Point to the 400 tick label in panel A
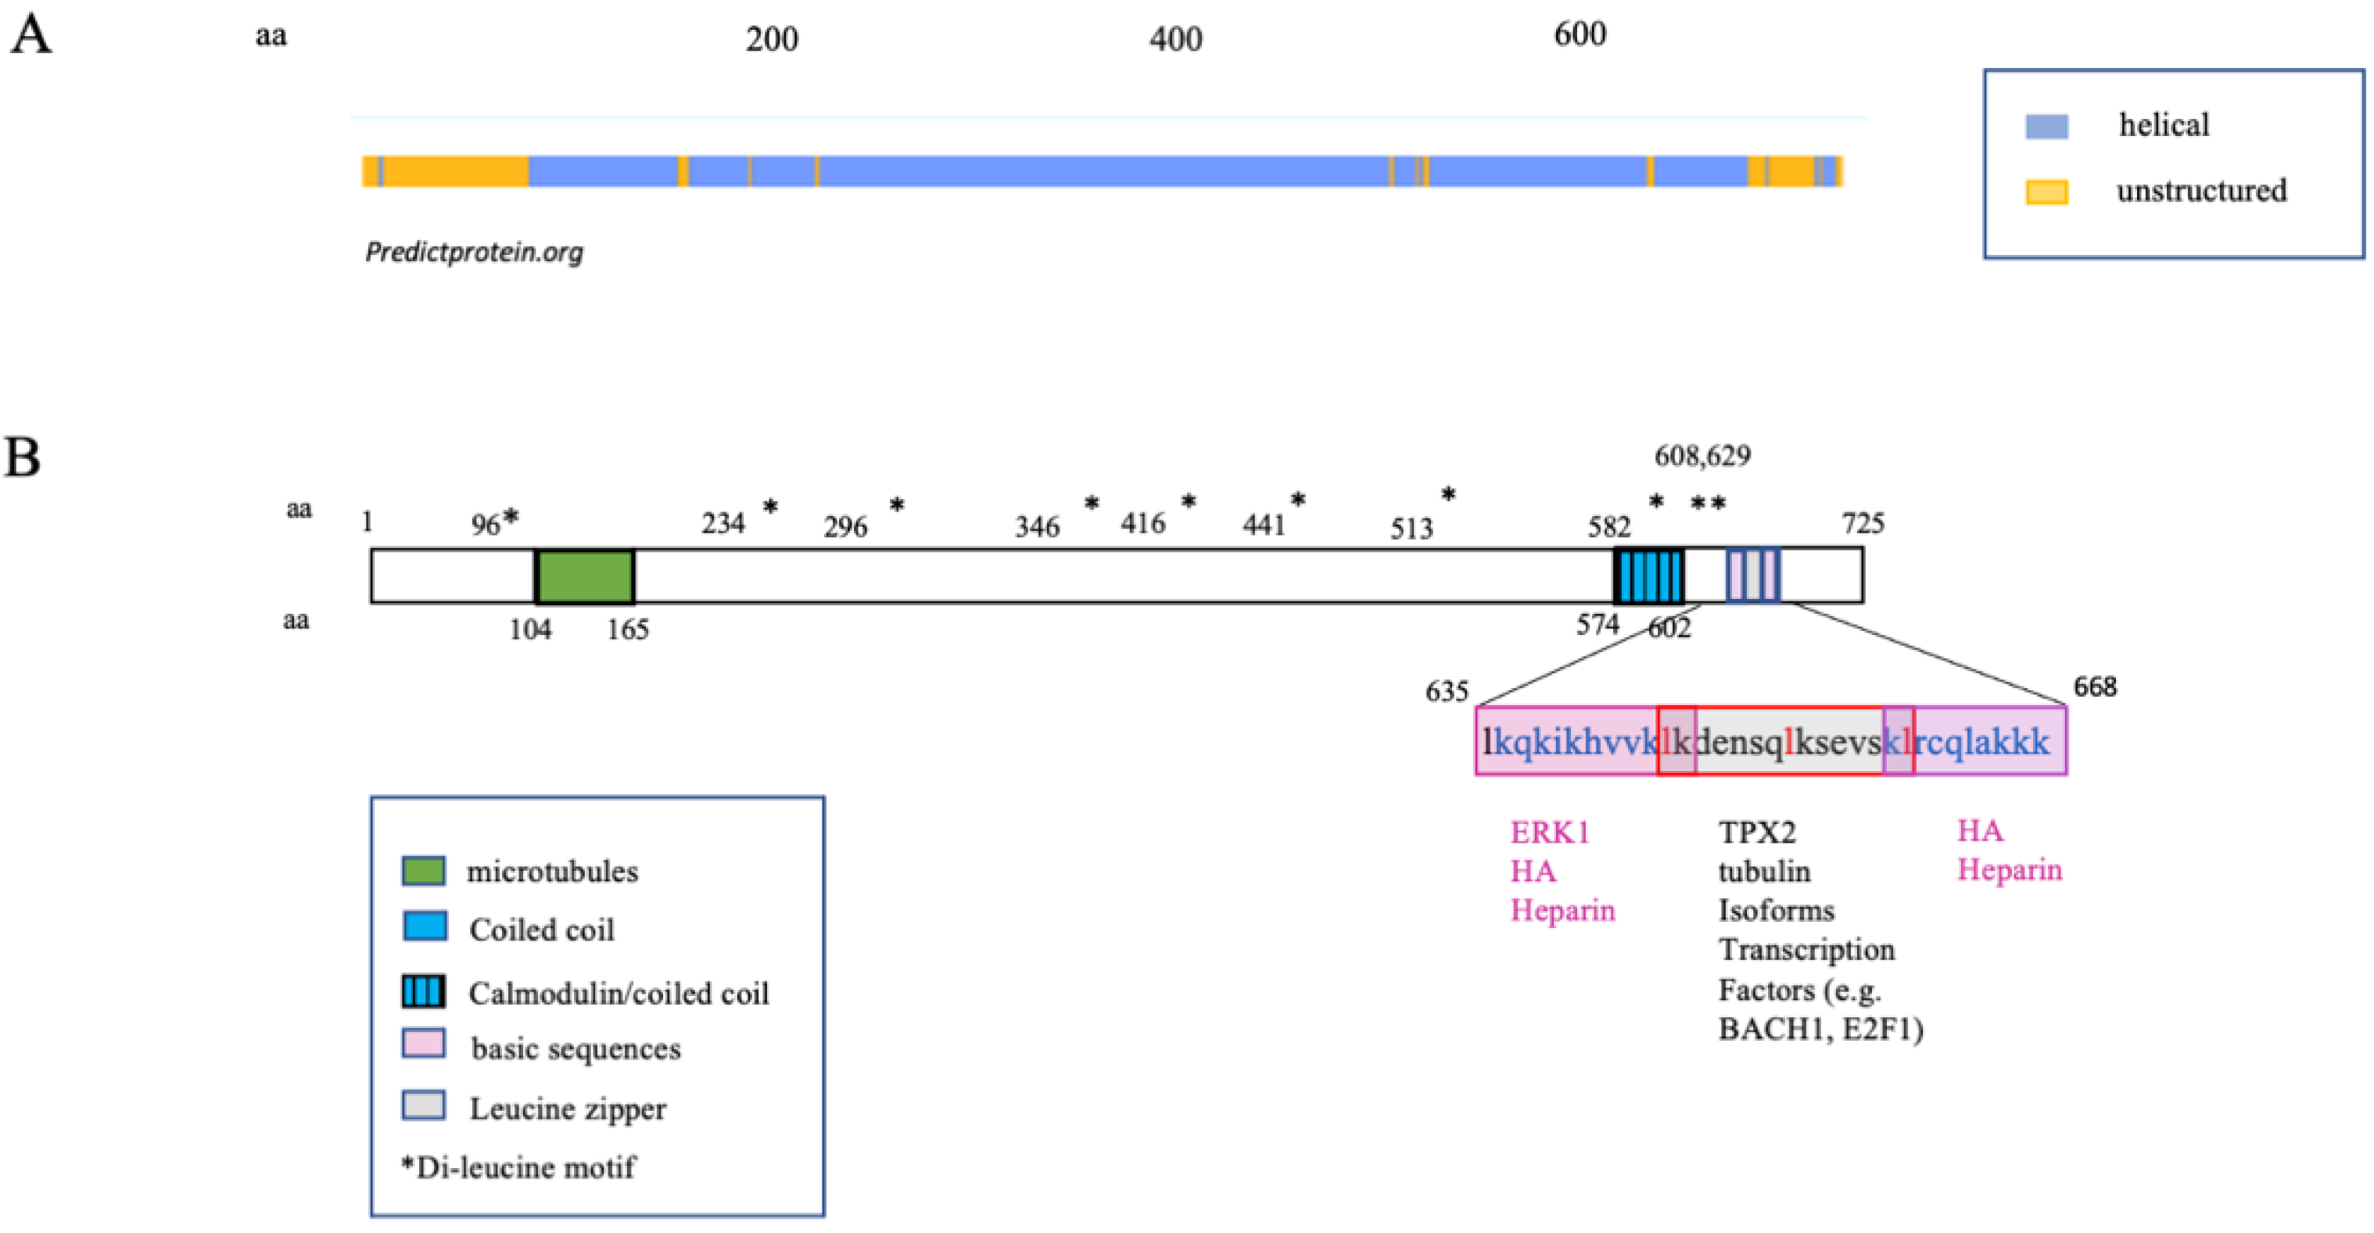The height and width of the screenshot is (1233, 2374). coord(1176,39)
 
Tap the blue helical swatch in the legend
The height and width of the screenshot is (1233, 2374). coord(2046,126)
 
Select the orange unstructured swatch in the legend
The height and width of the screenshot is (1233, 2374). coord(2046,192)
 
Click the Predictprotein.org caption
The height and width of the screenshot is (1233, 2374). coord(474,252)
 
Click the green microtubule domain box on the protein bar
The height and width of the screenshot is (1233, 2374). coord(585,577)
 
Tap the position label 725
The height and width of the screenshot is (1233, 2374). coord(1863,523)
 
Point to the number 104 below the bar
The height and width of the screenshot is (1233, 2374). coord(531,629)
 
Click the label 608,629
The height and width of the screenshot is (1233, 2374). coord(1702,455)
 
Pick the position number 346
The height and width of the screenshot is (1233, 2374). coord(1038,526)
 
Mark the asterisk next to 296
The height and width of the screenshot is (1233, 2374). coord(897,505)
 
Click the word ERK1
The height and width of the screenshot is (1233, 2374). coord(1550,832)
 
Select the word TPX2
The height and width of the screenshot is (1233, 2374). coord(1756,832)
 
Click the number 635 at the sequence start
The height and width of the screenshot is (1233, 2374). coord(1447,691)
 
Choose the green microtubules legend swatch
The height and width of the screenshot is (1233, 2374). coord(424,871)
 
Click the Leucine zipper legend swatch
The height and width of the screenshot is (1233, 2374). coord(424,1106)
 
